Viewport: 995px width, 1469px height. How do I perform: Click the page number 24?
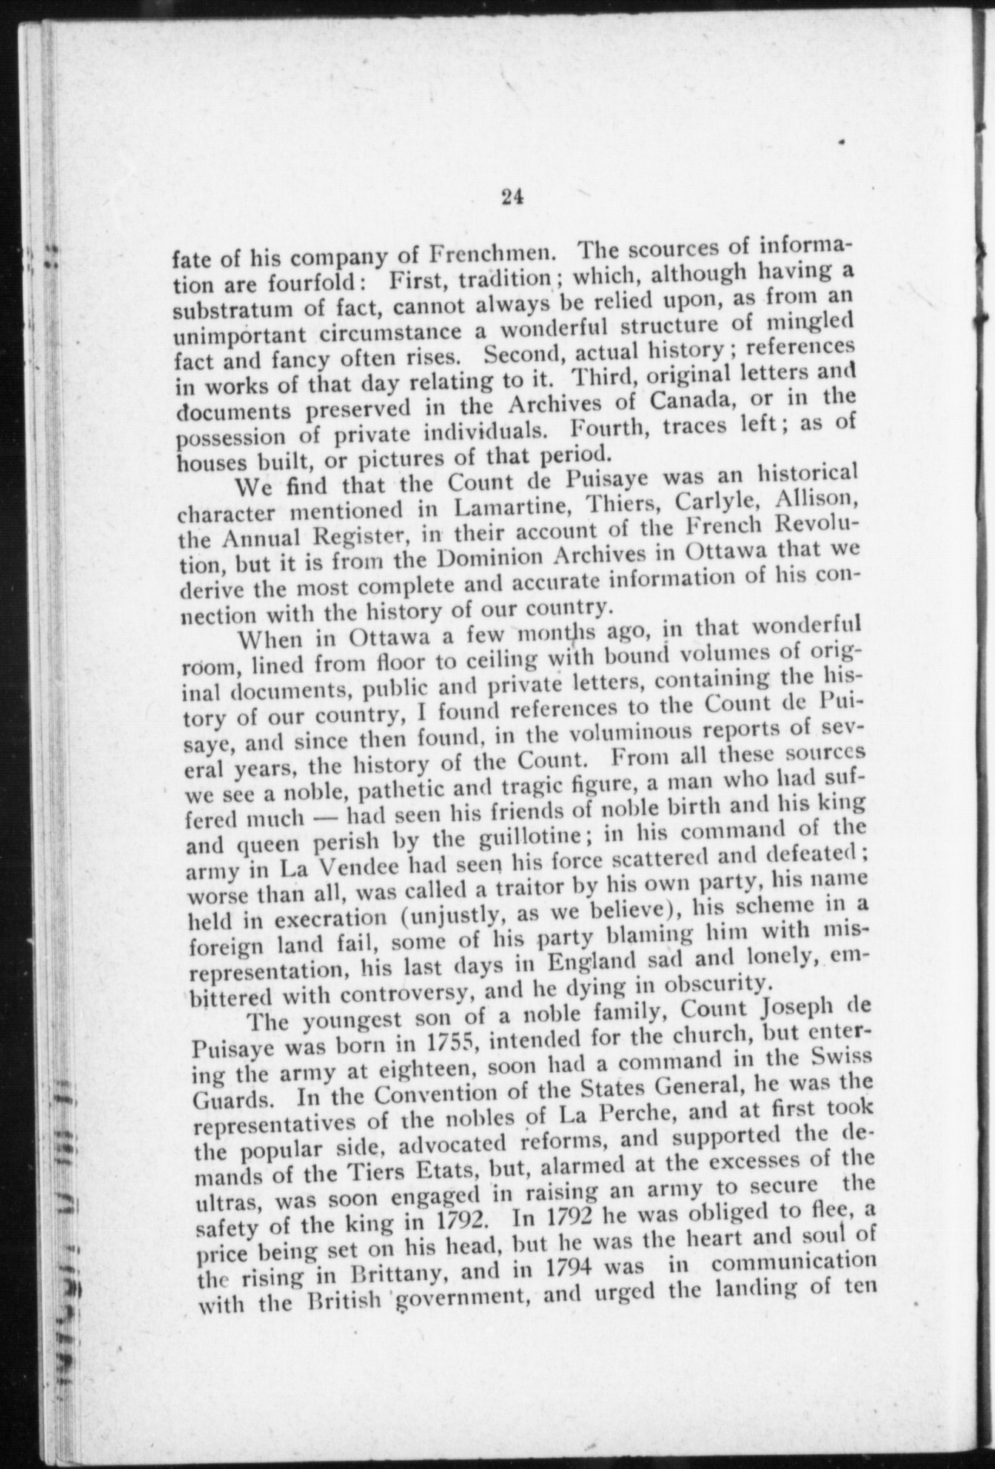point(512,197)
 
